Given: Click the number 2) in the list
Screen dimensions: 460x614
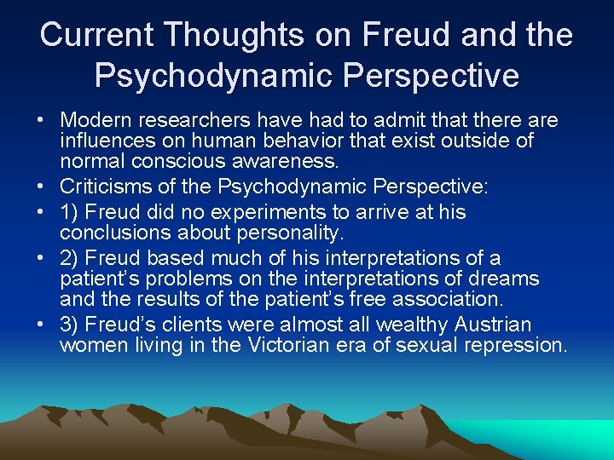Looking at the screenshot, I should (71, 258).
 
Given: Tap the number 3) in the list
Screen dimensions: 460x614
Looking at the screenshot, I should (71, 325).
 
